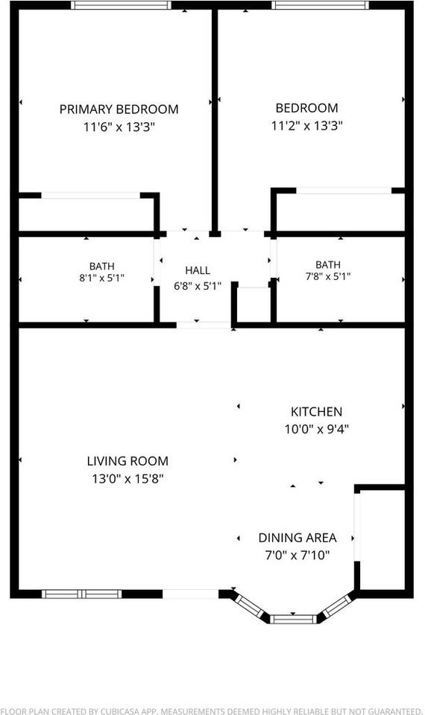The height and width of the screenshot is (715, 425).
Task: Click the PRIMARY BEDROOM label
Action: [119, 109]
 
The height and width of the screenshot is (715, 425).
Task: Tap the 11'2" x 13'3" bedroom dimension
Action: [306, 125]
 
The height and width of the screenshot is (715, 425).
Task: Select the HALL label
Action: [198, 270]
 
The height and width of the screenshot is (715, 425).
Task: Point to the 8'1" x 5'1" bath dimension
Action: [102, 278]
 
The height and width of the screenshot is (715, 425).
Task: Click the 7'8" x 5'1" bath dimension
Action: [328, 276]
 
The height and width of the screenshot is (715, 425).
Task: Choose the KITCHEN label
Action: [316, 412]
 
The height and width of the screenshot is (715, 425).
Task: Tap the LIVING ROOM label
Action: [127, 461]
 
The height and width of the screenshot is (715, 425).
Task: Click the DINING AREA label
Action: [297, 538]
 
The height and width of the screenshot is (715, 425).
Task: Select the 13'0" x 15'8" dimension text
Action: [127, 479]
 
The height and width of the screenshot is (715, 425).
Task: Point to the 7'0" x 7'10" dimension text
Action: [297, 556]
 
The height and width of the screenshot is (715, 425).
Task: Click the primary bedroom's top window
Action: [122, 5]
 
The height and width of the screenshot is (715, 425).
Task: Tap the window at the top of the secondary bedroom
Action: [320, 5]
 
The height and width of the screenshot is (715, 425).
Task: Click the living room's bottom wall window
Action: [82, 594]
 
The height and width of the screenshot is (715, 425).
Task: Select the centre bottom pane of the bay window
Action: [293, 619]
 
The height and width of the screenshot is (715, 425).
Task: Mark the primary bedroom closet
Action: [86, 214]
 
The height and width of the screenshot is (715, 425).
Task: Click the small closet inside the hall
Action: [254, 305]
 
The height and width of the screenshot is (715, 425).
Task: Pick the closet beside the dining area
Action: [382, 540]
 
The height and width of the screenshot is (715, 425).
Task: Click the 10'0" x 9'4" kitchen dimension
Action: [317, 429]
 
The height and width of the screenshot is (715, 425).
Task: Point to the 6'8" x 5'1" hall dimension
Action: [198, 286]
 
